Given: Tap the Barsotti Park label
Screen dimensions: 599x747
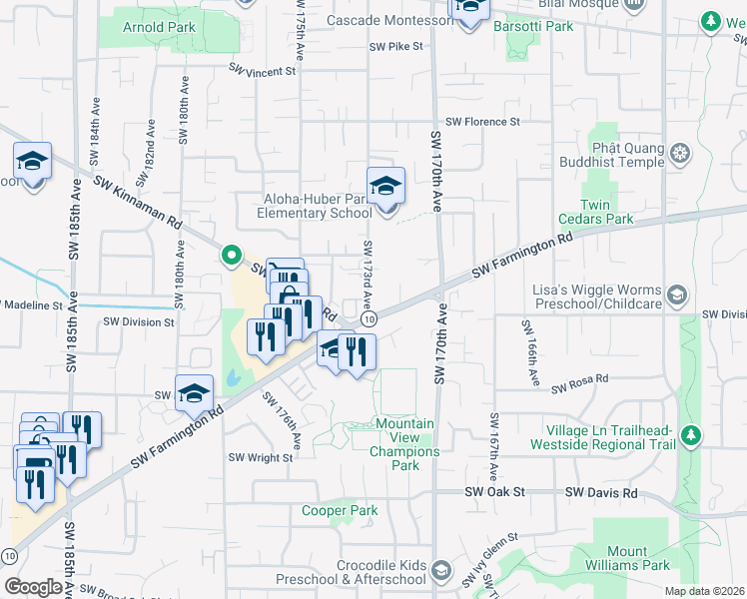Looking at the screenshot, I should click(533, 26).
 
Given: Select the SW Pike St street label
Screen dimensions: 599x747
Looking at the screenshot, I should click(396, 46).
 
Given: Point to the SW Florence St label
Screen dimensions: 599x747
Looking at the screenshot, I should click(482, 122).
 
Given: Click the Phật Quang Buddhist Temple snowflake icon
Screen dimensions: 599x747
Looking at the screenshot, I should click(680, 154).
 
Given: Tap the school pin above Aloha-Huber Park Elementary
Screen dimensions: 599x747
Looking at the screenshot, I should click(385, 186).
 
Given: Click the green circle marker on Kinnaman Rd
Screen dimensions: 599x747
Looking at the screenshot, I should click(232, 256).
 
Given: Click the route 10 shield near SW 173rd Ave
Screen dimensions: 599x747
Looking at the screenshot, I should click(370, 318).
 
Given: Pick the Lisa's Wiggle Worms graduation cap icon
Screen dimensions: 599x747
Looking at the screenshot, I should click(677, 295).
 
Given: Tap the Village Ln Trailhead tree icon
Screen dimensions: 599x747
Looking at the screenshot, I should click(689, 436).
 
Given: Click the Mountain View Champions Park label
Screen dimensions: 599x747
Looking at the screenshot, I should click(404, 444).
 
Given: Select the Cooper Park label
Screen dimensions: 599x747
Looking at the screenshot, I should click(341, 510).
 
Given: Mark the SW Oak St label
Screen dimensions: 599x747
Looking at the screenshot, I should click(495, 493).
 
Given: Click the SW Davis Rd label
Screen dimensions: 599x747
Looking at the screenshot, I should click(600, 493).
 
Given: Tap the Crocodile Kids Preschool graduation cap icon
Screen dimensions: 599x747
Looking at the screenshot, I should click(441, 570).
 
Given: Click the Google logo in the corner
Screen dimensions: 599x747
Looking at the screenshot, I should click(33, 587).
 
